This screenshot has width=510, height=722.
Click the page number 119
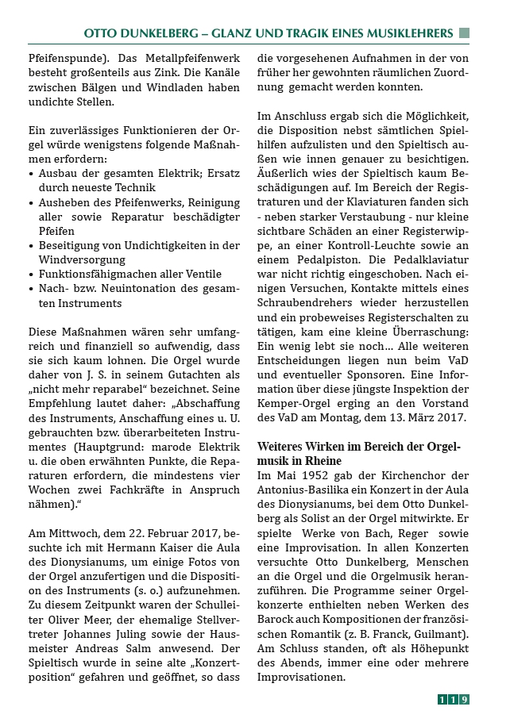454,699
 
